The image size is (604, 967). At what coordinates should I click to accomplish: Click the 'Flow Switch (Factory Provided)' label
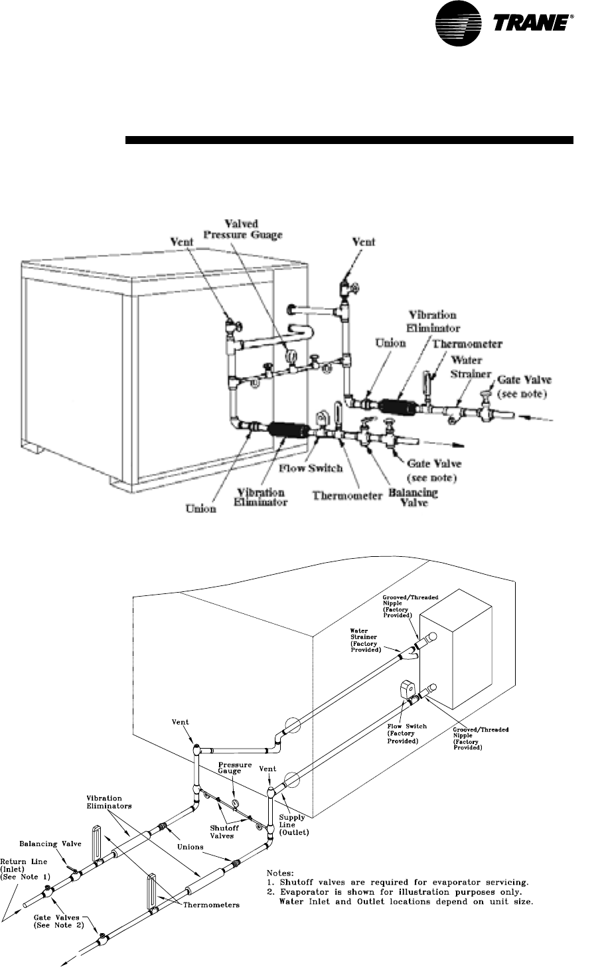(402, 733)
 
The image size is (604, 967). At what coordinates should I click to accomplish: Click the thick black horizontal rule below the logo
(349, 140)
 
